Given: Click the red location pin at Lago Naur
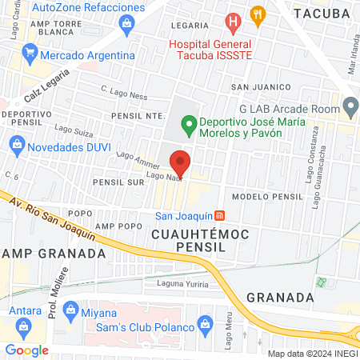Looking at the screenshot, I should pyautogui.click(x=181, y=161).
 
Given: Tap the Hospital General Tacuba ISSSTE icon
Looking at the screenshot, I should pyautogui.click(x=233, y=22).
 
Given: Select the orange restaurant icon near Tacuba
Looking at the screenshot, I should pyautogui.click(x=257, y=14).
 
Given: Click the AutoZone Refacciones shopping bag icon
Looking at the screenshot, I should pyautogui.click(x=126, y=23).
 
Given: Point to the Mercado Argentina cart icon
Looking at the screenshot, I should pyautogui.click(x=30, y=55).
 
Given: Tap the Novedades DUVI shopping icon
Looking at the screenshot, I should pyautogui.click(x=16, y=146).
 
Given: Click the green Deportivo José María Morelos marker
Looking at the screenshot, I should pyautogui.click(x=189, y=124).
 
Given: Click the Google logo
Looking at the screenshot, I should pyautogui.click(x=26, y=350).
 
